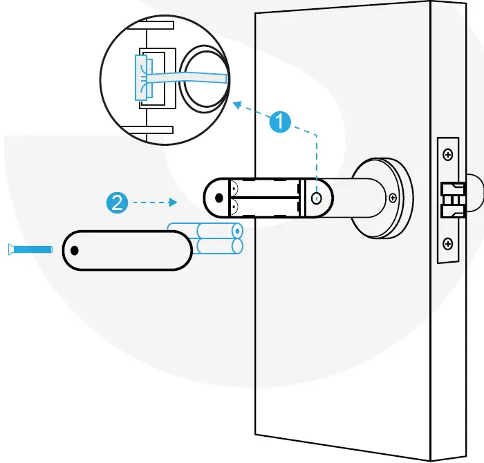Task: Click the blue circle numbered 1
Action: (x=278, y=122)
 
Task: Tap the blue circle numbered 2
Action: (x=116, y=202)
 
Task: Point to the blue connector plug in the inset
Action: (x=142, y=77)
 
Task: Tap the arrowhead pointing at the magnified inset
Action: (x=237, y=105)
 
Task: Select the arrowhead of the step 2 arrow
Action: (x=176, y=202)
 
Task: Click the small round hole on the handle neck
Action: (x=316, y=198)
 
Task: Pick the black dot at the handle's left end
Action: (x=219, y=198)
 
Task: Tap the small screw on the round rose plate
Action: (x=393, y=198)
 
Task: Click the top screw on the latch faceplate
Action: (x=447, y=153)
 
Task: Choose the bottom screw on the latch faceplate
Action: (x=447, y=243)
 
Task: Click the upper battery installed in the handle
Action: (x=266, y=189)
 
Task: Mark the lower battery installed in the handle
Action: (x=266, y=207)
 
